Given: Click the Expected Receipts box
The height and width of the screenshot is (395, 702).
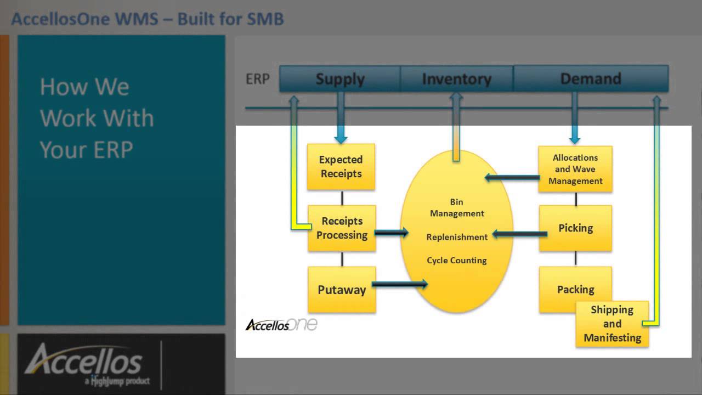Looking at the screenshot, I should pos(341,167).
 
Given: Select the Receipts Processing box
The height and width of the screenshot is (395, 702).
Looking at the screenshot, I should pos(341,228).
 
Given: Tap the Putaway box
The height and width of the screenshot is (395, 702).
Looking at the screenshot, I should pos(341,290).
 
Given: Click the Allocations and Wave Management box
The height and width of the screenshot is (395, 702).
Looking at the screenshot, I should pos(575,169).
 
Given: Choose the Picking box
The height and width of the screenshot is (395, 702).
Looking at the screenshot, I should pos(575,228).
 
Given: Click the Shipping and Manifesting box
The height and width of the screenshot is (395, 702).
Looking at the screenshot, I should pos(612,324).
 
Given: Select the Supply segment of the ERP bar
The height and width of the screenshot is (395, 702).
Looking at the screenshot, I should pos(340,79).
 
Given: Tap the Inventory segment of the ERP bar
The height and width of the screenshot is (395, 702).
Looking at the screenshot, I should pos(456,79).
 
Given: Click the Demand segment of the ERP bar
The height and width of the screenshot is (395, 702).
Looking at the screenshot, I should pos(590,79).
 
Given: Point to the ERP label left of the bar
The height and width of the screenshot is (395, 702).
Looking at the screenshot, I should pos(257,79).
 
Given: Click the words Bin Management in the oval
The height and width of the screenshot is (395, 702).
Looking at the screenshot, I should pos(457,207).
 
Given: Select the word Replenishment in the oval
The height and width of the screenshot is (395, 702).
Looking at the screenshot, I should pos(457,237).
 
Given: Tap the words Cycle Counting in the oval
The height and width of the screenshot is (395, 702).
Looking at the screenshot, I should pos(457,260).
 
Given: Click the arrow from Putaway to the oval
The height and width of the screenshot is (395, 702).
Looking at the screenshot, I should pos(399,284).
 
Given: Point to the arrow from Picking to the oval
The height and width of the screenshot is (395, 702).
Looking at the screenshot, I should pos(519,234).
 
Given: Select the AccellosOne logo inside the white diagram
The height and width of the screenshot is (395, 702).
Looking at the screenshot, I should pos(281,324).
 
